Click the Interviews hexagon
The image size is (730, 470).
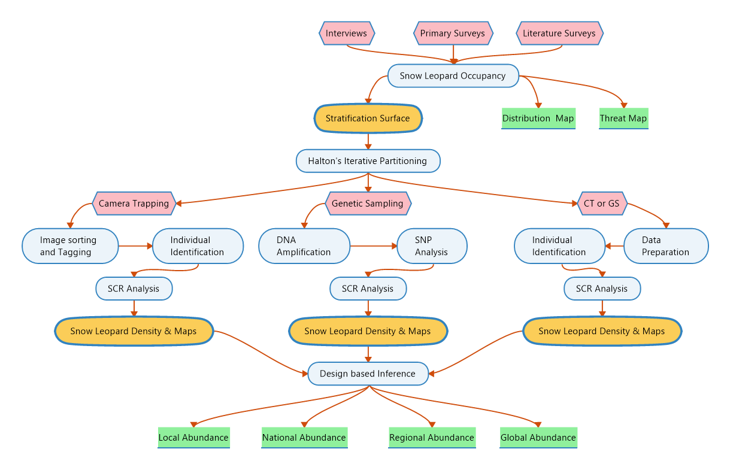coord(347,34)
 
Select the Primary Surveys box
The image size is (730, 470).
coord(453,34)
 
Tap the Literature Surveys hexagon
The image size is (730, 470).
coord(559,34)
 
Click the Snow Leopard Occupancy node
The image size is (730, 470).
coord(453,76)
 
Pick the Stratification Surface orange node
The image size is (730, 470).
coord(368,119)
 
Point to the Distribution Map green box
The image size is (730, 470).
coord(538,119)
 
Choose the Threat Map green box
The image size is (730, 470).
coord(623,119)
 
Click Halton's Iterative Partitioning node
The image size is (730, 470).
coord(368,161)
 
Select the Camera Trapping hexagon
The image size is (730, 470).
coord(134,204)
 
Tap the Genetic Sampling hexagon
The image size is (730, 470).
coord(368,204)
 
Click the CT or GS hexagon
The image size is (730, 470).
coord(602,204)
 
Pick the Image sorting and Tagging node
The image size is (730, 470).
coord(70,246)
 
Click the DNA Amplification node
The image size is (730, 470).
coord(304,246)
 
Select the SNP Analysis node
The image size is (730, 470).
coord(432,246)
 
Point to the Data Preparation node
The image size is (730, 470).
coord(666,246)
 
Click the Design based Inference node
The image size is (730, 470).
coord(368,374)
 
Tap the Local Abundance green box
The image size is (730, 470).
coord(193,438)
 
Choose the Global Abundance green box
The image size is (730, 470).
coord(538,438)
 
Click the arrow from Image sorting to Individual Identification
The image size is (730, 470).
coord(135,246)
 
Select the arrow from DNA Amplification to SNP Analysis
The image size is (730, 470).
coord(374,246)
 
